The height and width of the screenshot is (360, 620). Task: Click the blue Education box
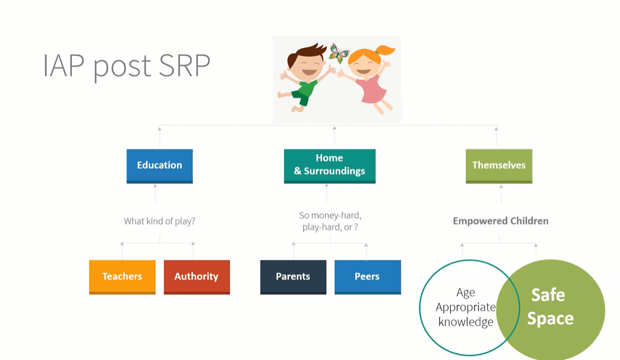159,166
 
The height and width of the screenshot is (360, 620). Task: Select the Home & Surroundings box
330,166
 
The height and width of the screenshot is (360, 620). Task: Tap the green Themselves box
499,166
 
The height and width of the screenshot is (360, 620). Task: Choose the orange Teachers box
122,277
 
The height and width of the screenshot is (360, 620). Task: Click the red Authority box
197,277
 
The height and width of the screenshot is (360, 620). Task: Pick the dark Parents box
293,277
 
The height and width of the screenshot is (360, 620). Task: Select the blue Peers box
368,277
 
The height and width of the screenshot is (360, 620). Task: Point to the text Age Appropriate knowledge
466,307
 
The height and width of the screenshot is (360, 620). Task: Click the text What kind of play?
160,221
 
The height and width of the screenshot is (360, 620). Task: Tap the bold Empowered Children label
500,221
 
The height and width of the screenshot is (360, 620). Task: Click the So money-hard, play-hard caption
330,221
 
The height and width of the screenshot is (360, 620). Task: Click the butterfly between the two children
339,53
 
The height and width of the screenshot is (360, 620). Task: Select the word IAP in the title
64,66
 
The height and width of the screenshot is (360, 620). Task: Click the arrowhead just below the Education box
155,186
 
